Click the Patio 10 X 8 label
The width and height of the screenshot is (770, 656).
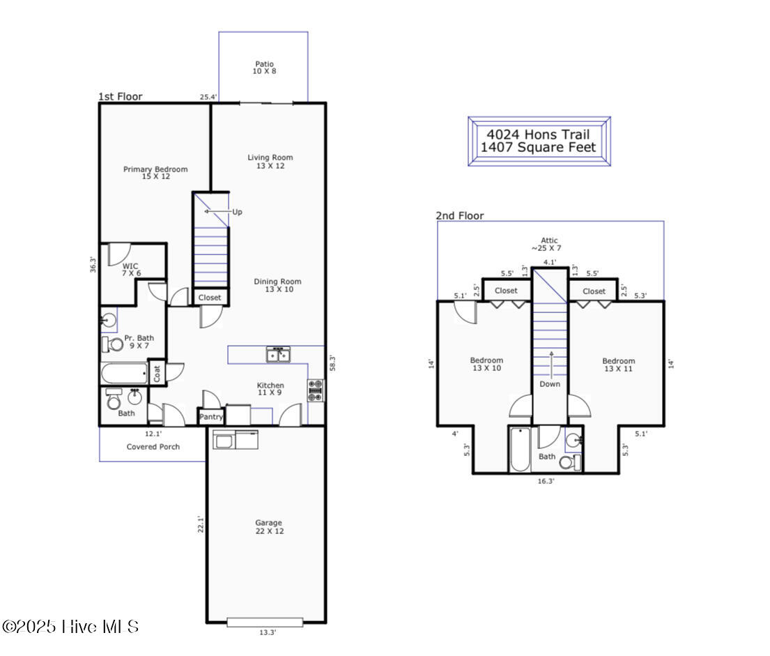click(x=264, y=68)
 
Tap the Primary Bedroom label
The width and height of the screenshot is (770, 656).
click(x=155, y=173)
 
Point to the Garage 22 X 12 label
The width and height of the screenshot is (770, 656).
click(x=268, y=527)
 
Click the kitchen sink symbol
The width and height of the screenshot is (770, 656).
click(x=279, y=355)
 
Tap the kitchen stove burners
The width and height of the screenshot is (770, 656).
click(x=315, y=390)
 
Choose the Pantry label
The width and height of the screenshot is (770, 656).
click(x=211, y=418)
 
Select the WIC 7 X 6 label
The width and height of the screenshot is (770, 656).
click(x=130, y=270)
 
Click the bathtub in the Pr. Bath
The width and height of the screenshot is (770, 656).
click(x=124, y=373)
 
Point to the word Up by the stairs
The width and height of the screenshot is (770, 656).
click(x=237, y=212)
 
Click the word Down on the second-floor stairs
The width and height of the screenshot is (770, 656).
click(x=549, y=384)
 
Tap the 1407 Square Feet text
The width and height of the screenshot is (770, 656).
click(x=538, y=148)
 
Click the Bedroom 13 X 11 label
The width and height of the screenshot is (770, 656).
click(x=618, y=365)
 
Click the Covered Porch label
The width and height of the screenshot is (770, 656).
click(x=153, y=447)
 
